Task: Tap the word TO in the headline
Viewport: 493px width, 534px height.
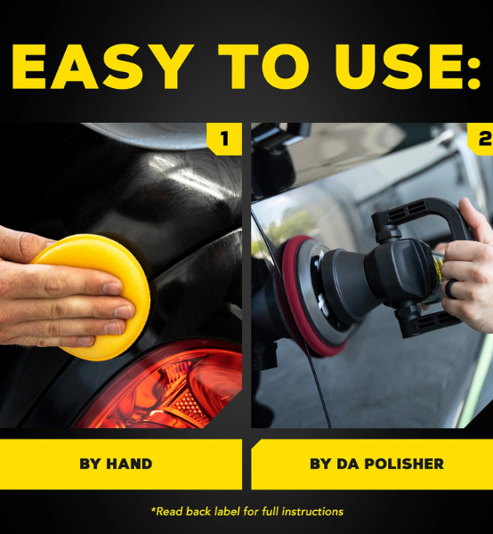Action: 263,67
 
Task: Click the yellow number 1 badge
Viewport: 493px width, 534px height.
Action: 224,139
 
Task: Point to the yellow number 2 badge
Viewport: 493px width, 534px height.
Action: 481,139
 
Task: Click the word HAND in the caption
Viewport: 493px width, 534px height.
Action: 129,464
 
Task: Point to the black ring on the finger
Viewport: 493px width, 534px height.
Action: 451,288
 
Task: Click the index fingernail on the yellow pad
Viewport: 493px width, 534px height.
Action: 111,288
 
